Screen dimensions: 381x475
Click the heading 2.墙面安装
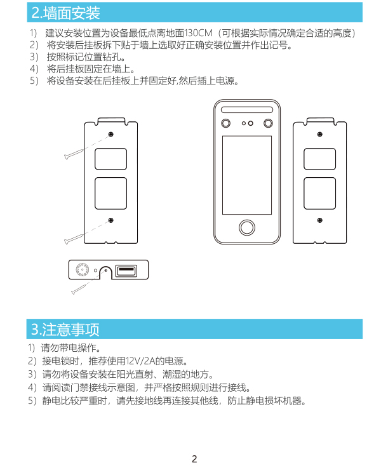click(x=65, y=13)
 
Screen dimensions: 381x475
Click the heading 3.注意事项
click(x=65, y=330)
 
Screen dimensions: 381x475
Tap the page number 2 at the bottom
click(x=194, y=459)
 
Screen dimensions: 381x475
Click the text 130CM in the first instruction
click(x=198, y=33)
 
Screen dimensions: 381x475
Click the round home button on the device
click(x=247, y=227)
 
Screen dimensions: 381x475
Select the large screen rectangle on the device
click(x=247, y=175)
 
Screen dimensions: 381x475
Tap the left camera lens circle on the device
click(x=226, y=123)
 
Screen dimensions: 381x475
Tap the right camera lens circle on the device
click(x=269, y=123)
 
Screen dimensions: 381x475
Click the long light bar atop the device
click(x=247, y=110)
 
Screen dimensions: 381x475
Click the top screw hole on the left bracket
click(x=111, y=134)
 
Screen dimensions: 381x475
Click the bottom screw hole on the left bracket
click(x=111, y=220)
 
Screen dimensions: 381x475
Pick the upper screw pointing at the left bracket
click(x=74, y=154)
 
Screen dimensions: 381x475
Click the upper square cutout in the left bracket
click(x=111, y=159)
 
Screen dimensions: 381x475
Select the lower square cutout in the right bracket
click(x=320, y=193)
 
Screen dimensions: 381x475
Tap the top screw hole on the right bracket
click(x=320, y=134)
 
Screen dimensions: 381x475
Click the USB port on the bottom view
click(x=126, y=271)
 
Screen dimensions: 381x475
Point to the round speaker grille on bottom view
click(x=83, y=270)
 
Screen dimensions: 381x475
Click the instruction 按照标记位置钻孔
click(x=86, y=57)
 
